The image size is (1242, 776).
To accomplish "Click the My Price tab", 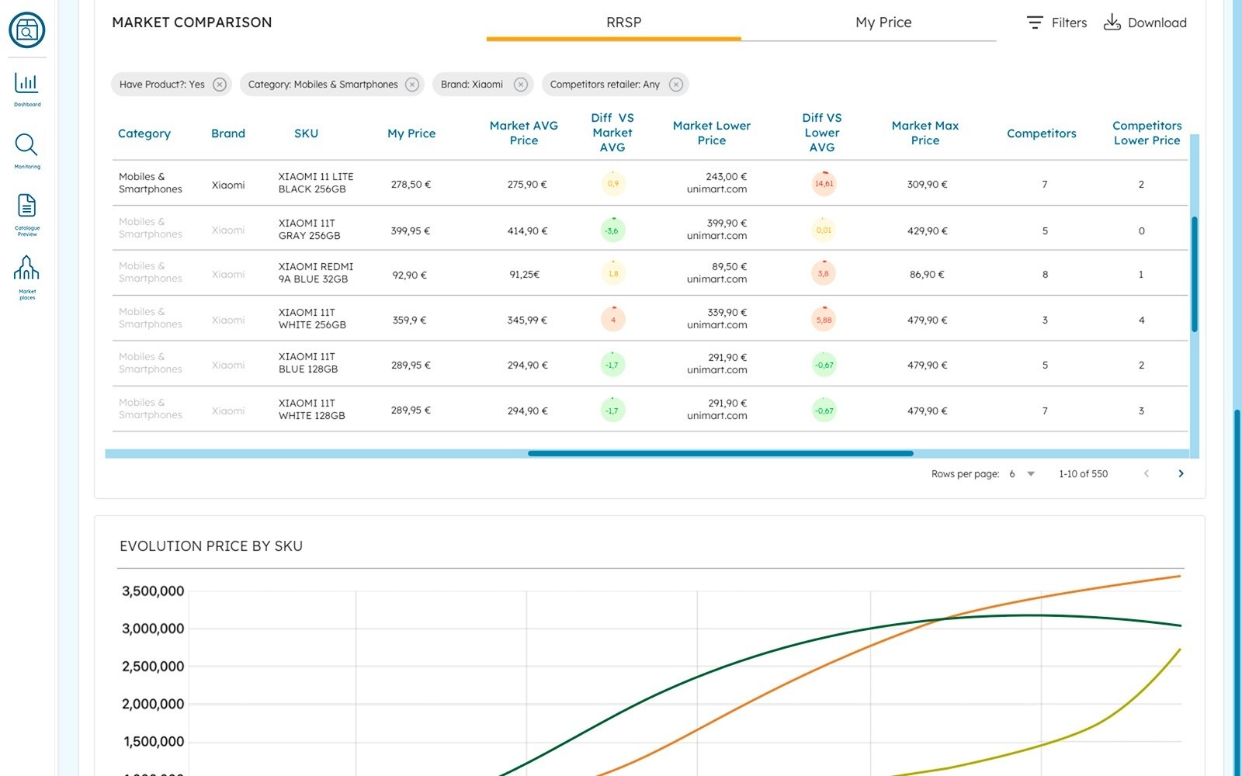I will point(883,23).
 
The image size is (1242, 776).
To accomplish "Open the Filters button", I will point(1056,23).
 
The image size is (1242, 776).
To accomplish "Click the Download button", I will point(1145,23).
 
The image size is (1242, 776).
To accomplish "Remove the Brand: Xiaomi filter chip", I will point(521,85).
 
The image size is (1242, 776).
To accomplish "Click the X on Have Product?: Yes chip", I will point(220,85).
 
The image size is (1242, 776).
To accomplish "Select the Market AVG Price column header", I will point(523,133).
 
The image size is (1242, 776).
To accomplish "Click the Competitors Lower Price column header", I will point(1147,133).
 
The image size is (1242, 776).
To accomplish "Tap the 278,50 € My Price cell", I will point(411,185).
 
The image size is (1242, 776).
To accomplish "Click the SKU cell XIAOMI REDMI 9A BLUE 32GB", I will point(315,273).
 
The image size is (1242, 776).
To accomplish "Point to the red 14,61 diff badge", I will point(824,184).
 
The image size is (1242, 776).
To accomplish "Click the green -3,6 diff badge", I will point(612,230).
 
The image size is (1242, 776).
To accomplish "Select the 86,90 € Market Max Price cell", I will point(927,274).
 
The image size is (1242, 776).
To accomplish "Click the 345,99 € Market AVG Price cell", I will point(527,320).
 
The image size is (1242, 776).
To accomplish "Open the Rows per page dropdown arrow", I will point(1031,473).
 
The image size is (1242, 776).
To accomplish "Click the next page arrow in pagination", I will point(1181,473).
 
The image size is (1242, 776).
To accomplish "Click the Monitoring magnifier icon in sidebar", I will point(26,145).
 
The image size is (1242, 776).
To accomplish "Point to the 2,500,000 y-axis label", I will point(153,667).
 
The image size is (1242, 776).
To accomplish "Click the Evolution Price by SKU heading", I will point(211,546).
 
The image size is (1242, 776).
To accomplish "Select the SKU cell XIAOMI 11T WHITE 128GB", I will point(311,410).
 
